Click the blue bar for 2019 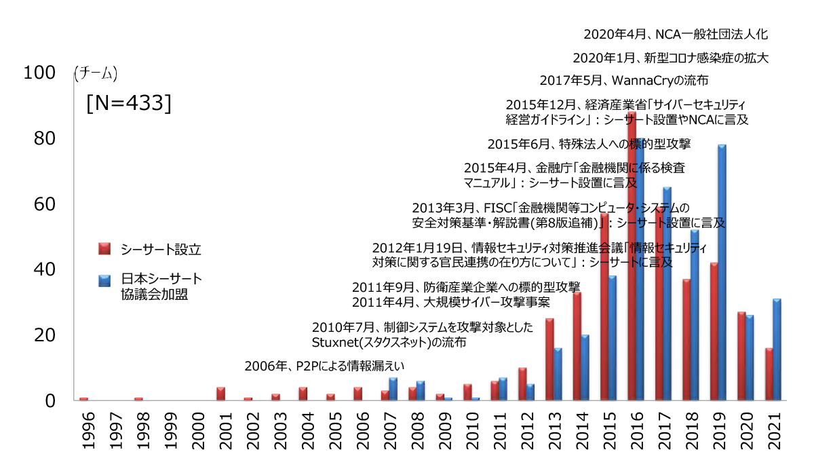[722, 271]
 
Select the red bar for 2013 [549, 359]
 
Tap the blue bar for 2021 [777, 349]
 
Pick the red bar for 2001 [220, 394]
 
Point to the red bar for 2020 [741, 356]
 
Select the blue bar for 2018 [695, 315]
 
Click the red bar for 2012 [522, 384]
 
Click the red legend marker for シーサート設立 [104, 249]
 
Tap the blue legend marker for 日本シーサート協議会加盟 [104, 280]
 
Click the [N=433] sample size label [128, 103]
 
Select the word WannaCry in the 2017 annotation [641, 81]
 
